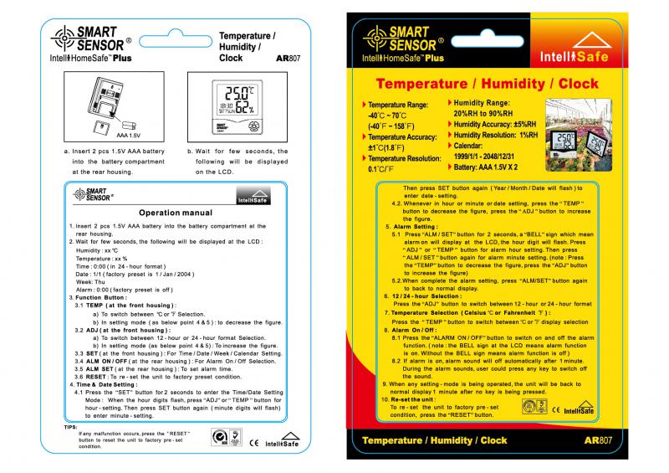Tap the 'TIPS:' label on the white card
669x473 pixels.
(70, 427)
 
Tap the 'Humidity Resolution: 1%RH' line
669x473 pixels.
(496, 135)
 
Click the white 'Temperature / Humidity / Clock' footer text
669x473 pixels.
(435, 440)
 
